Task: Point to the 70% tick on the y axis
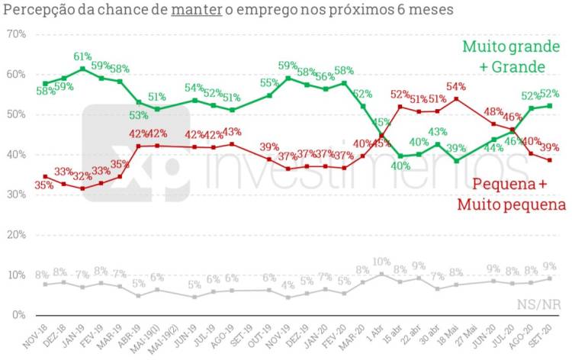click(x=16, y=35)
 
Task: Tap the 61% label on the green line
click(x=83, y=57)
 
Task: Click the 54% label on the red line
click(x=456, y=86)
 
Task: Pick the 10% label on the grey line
click(x=381, y=262)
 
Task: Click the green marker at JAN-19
click(x=83, y=69)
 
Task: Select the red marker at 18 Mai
click(x=456, y=99)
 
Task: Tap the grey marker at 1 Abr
click(x=381, y=275)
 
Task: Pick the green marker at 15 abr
click(x=400, y=156)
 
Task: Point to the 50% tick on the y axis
click(x=16, y=115)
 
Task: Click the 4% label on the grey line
click(x=288, y=286)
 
